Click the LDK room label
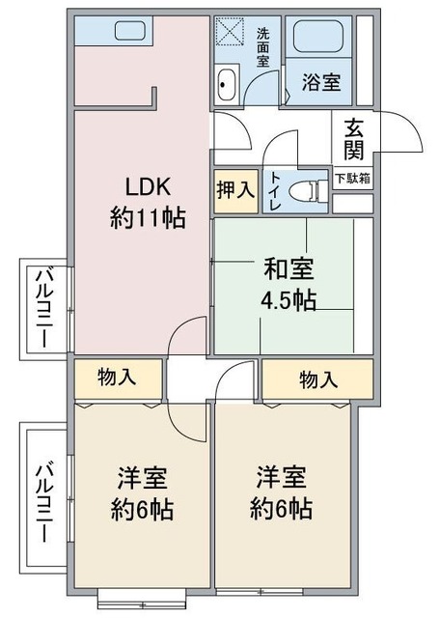tap(147, 186)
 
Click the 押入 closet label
tap(234, 189)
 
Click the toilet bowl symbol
tap(310, 190)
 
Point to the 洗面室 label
tap(262, 46)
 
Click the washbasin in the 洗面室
tap(229, 85)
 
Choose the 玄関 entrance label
tap(353, 138)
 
